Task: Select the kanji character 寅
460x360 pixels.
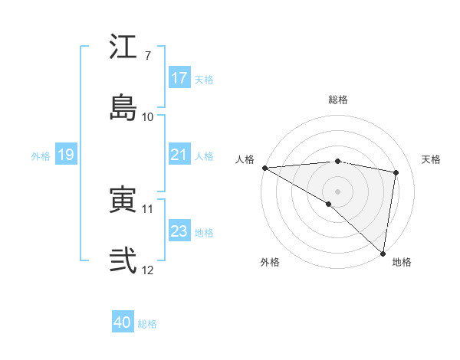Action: click(123, 200)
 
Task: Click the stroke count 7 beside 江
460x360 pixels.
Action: click(147, 56)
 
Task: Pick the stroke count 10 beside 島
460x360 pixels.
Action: click(147, 116)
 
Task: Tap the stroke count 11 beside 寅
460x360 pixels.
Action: click(147, 208)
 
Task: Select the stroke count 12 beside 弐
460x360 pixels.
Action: click(147, 269)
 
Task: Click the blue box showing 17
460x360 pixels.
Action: click(179, 78)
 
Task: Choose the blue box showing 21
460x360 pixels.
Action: click(179, 155)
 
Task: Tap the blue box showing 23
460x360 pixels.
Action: click(179, 231)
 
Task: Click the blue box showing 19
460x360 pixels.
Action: click(66, 155)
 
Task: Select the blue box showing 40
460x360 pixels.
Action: click(123, 322)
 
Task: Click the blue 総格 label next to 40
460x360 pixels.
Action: click(147, 324)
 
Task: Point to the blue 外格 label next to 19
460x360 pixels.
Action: click(41, 156)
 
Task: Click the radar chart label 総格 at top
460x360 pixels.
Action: click(338, 100)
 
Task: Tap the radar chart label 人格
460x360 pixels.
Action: click(245, 159)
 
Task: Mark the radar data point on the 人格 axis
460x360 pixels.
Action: click(264, 168)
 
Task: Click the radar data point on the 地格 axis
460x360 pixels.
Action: click(383, 253)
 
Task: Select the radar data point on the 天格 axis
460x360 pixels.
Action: click(396, 172)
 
